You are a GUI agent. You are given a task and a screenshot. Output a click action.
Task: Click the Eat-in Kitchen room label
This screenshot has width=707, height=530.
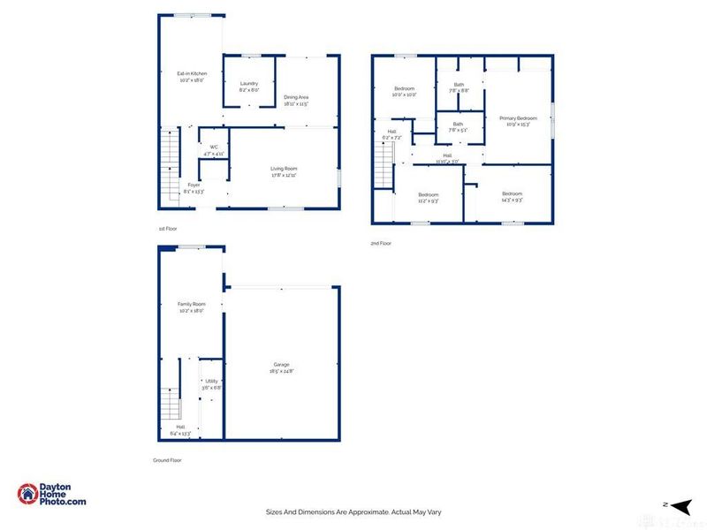[x=191, y=77]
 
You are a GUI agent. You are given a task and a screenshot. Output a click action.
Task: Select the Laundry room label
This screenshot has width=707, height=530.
[x=248, y=86]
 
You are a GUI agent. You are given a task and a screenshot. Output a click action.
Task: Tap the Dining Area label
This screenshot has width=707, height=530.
[x=296, y=100]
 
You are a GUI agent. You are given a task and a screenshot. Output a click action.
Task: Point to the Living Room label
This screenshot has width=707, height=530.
[x=284, y=170]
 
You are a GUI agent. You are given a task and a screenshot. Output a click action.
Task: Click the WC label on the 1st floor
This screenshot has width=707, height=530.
[x=214, y=150]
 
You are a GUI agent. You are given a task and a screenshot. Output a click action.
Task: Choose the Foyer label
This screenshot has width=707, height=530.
[x=193, y=188]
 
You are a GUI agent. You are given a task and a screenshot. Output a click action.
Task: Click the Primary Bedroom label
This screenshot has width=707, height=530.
[x=518, y=120]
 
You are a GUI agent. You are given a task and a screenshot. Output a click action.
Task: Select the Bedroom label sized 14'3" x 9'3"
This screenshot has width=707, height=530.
[x=513, y=196]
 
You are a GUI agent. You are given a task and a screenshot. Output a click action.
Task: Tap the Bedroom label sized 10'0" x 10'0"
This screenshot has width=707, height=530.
[x=404, y=91]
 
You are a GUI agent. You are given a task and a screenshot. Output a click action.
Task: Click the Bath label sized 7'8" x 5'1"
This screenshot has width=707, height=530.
[x=458, y=126]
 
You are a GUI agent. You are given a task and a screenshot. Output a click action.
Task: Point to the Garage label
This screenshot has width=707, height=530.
[x=281, y=367]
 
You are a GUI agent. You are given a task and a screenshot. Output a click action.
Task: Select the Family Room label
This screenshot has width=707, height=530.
[x=191, y=307]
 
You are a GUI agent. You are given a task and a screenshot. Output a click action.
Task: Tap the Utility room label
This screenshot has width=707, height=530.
[x=211, y=384]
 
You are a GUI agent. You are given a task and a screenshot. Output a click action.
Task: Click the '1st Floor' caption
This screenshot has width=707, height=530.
[x=168, y=229]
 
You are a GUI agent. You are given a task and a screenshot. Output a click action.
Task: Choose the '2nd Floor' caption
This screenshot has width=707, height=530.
[x=381, y=243]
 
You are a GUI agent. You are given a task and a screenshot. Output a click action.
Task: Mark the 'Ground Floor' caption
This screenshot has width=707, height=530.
[x=168, y=460]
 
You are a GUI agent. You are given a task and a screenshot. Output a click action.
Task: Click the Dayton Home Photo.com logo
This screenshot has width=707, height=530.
[x=52, y=495]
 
